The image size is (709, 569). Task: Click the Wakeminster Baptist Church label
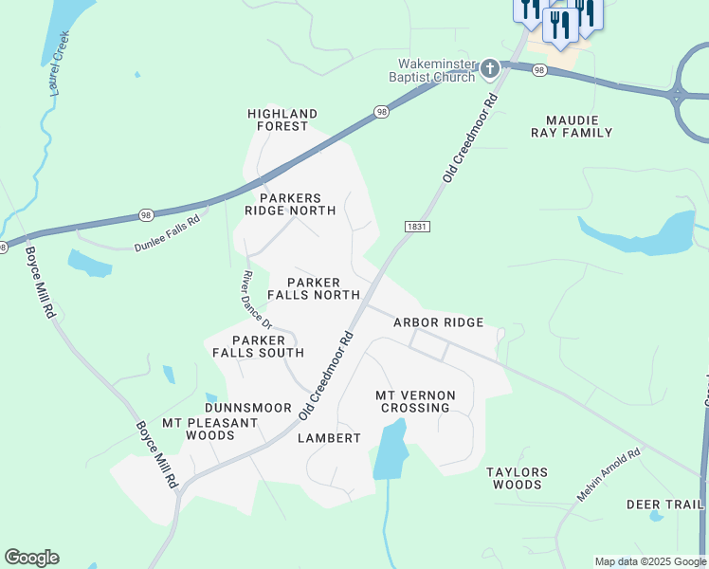point(435,70)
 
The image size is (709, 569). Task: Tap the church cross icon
point(489,68)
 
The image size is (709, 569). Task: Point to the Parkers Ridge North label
point(290,204)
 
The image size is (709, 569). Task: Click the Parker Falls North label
point(313,288)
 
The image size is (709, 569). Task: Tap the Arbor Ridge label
point(439,322)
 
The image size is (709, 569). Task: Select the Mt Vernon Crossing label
point(415,401)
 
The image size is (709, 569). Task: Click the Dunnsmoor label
point(248,408)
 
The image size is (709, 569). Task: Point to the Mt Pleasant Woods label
point(197,429)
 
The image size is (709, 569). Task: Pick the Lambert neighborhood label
point(329,438)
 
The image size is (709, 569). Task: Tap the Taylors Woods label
point(517,478)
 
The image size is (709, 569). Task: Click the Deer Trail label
point(665,505)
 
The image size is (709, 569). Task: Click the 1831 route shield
point(417,227)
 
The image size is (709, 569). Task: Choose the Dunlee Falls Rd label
point(167,232)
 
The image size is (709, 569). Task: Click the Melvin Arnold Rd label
point(609,475)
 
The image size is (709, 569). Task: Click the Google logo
point(31,558)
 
